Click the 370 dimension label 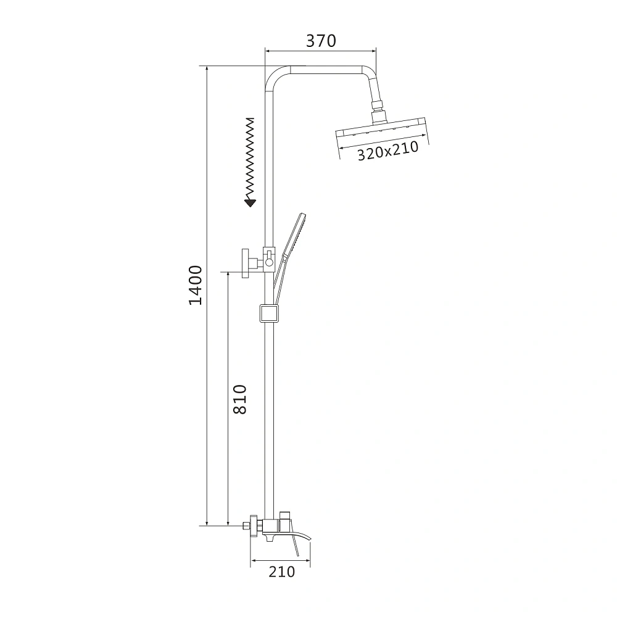pos(321,41)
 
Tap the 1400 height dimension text pos(196,285)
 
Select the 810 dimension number pos(239,399)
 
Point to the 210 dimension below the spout pos(282,572)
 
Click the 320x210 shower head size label pos(387,151)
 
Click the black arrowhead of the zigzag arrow pos(250,203)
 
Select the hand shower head pos(295,234)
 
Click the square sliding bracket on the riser pos(269,313)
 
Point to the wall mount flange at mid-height pos(246,263)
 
